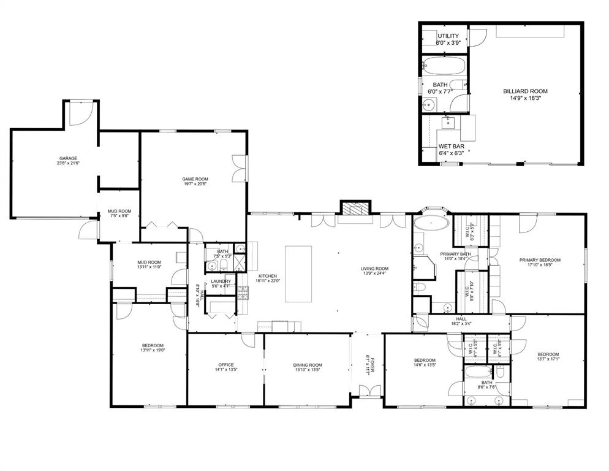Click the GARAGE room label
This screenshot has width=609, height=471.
pyautogui.click(x=67, y=158)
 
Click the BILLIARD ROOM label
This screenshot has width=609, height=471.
pyautogui.click(x=525, y=91)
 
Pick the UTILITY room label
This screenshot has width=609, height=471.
pyautogui.click(x=448, y=36)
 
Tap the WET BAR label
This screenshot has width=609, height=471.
pyautogui.click(x=451, y=147)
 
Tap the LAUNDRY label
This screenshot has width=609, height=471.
pyautogui.click(x=221, y=281)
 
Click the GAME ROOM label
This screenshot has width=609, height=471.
pyautogui.click(x=193, y=178)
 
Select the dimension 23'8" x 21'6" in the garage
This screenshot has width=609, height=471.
pyautogui.click(x=67, y=164)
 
